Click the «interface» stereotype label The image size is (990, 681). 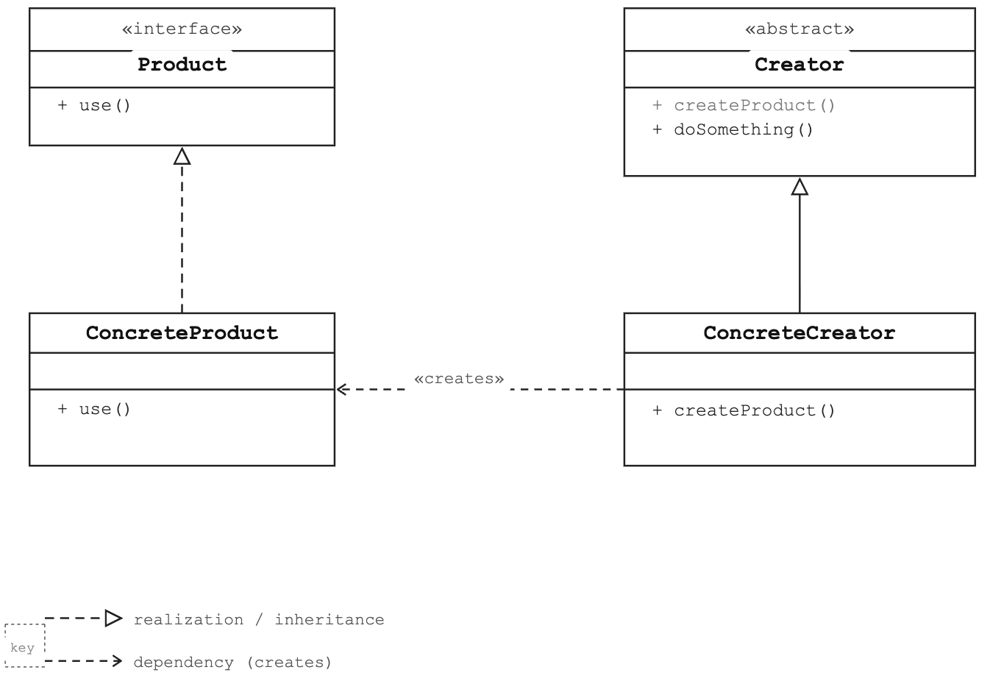point(182,29)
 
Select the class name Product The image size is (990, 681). point(182,65)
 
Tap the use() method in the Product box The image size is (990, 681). point(94,106)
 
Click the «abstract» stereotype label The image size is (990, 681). point(800,29)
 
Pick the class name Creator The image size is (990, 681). point(800,65)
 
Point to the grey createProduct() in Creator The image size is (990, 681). point(744,106)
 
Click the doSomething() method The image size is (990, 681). point(733,130)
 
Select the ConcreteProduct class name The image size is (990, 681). point(182,333)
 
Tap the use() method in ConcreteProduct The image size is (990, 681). point(94,409)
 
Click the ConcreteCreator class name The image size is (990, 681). point(800,333)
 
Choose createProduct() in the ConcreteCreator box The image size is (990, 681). point(744,411)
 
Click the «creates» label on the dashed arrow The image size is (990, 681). point(459,379)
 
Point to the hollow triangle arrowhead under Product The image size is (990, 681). point(182,157)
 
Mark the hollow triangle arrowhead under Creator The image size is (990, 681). point(800,187)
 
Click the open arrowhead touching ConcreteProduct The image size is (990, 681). point(341,389)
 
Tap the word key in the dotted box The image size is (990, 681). point(22,648)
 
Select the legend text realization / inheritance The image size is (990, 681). point(259,619)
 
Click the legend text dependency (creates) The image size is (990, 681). point(232,663)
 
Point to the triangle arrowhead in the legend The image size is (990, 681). point(113,618)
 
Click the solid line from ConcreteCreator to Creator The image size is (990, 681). point(800,254)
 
